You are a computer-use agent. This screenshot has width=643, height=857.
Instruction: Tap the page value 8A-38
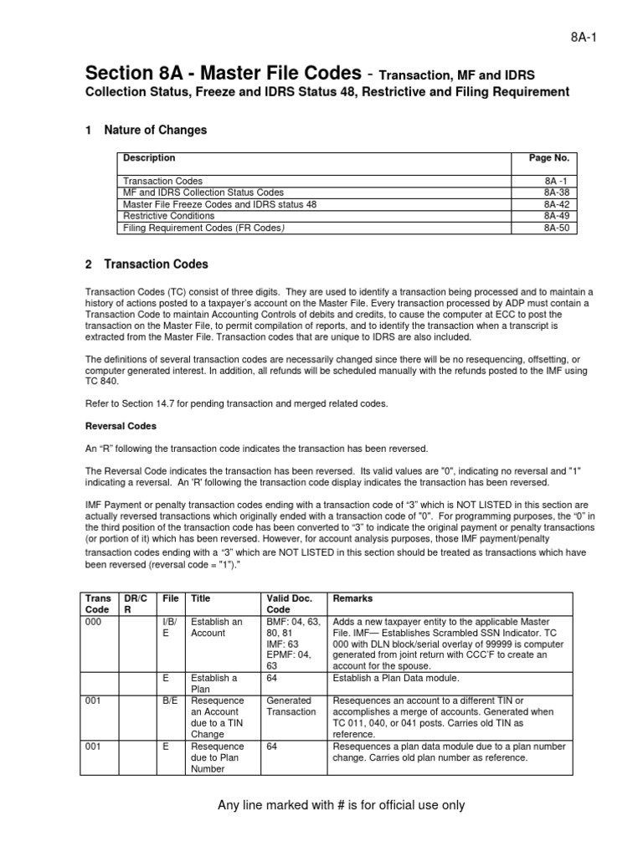[555, 192]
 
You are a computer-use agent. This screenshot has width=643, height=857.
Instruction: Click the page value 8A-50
[555, 228]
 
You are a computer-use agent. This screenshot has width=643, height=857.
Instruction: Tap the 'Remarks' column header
[352, 599]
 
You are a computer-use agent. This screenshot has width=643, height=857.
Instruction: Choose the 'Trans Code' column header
[98, 605]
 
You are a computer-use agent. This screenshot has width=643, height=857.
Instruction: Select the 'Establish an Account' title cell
[216, 628]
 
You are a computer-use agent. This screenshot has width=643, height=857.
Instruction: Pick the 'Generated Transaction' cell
[288, 706]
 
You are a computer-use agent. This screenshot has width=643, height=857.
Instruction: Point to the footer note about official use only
[341, 805]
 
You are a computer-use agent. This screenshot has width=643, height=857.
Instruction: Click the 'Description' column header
[149, 157]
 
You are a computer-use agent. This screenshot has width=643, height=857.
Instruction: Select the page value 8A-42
[555, 204]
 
